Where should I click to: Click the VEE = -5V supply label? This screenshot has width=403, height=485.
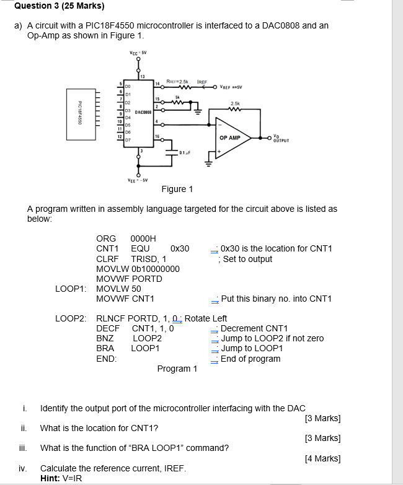(x=138, y=180)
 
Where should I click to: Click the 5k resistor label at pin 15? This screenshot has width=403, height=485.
(x=177, y=97)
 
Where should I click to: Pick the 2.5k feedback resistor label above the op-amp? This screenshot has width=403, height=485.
(x=235, y=104)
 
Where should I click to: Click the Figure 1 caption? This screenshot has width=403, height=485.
(x=177, y=189)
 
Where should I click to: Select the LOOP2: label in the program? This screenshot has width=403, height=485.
(x=71, y=318)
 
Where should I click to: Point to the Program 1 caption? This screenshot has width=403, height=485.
(x=177, y=369)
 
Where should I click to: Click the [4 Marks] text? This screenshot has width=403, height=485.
(x=323, y=458)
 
